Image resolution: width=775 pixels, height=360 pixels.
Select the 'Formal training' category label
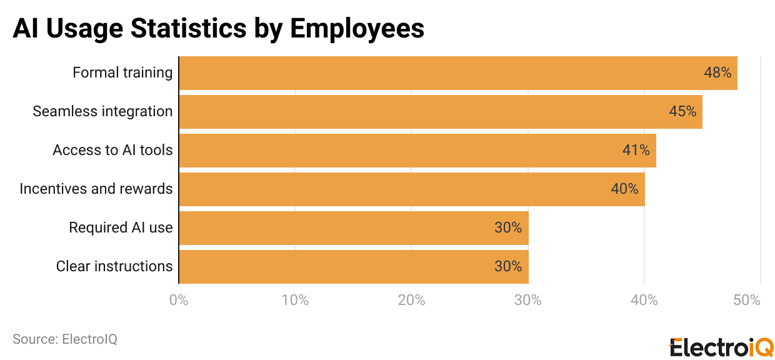[x=122, y=72]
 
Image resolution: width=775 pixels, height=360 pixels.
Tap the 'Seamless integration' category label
[x=102, y=111]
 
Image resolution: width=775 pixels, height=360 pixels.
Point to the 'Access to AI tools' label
[x=112, y=150]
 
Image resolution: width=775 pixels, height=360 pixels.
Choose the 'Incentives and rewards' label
[x=96, y=189]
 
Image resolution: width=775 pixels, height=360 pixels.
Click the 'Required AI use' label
[x=121, y=227]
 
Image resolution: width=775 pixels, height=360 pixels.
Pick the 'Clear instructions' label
[x=114, y=266]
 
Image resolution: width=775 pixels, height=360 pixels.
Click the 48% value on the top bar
[x=717, y=72]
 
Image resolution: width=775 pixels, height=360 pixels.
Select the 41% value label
[x=636, y=150]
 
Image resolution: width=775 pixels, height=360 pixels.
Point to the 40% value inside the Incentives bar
[x=624, y=189]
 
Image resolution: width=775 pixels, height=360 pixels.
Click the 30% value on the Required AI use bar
[x=507, y=227]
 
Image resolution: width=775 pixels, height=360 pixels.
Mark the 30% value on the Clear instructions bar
[x=507, y=266]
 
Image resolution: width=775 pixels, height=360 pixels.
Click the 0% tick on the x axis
[x=179, y=300]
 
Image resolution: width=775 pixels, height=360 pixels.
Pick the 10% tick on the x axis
[x=295, y=300]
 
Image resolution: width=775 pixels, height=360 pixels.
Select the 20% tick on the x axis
[x=411, y=300]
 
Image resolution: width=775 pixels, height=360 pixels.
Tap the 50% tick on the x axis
[x=747, y=300]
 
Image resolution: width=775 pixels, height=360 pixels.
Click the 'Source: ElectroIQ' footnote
[x=65, y=339]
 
